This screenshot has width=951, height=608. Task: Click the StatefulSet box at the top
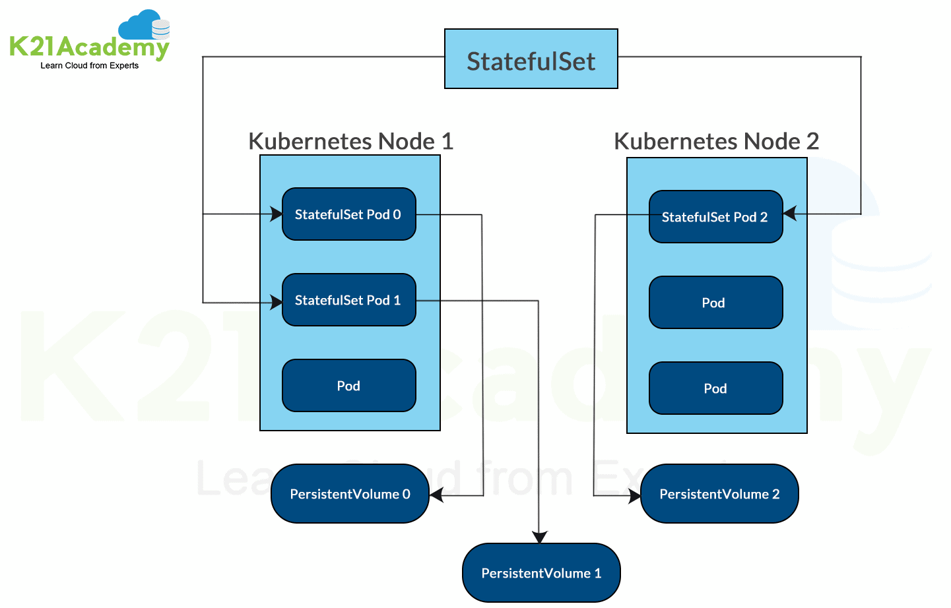point(531,59)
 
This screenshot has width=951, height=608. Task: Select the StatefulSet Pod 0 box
point(348,214)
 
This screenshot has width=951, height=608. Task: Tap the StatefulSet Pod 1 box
point(348,300)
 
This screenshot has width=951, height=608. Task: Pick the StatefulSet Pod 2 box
point(715,217)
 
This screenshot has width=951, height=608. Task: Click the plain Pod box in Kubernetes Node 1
point(348,386)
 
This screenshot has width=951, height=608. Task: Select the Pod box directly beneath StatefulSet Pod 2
point(715,303)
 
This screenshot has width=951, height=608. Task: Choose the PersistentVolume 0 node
point(350,494)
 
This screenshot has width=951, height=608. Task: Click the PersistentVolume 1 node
point(541,573)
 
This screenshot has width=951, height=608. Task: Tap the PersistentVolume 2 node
point(719,494)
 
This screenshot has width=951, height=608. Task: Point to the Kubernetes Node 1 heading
point(350,141)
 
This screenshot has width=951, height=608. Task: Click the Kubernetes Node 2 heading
point(716,141)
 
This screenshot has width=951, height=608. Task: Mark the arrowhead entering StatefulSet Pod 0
point(277,214)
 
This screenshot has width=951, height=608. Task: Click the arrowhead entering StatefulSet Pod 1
point(277,303)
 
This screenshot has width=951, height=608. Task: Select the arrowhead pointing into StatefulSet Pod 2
point(790,213)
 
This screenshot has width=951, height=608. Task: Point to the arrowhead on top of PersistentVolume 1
point(540,537)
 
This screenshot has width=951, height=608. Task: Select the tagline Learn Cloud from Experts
point(89,65)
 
